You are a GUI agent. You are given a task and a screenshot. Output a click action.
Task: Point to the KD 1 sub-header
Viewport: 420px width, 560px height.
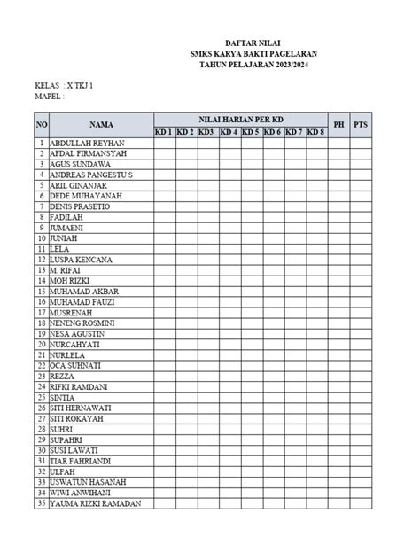pyautogui.click(x=164, y=132)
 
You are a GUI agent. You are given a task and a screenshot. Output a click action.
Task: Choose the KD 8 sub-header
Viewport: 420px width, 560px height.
pyautogui.click(x=315, y=132)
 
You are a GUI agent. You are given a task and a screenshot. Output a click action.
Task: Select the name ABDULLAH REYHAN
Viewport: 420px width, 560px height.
pyautogui.click(x=87, y=143)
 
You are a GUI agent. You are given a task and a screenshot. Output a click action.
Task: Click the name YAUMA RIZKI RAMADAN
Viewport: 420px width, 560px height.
pyautogui.click(x=96, y=503)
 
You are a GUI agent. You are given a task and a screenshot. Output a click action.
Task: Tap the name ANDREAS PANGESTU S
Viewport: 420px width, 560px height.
pyautogui.click(x=91, y=175)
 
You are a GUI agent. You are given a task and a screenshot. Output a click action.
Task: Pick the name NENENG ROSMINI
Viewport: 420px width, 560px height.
pyautogui.click(x=82, y=323)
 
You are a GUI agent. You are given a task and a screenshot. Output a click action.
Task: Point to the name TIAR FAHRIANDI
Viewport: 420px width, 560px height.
pyautogui.click(x=81, y=461)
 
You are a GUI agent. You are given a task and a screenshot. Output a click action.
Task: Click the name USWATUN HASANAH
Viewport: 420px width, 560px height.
pyautogui.click(x=88, y=482)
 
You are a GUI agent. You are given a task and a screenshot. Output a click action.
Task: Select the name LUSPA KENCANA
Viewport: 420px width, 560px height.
pyautogui.click(x=82, y=260)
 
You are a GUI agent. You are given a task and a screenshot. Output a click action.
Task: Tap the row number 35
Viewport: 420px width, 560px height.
pyautogui.click(x=41, y=503)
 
